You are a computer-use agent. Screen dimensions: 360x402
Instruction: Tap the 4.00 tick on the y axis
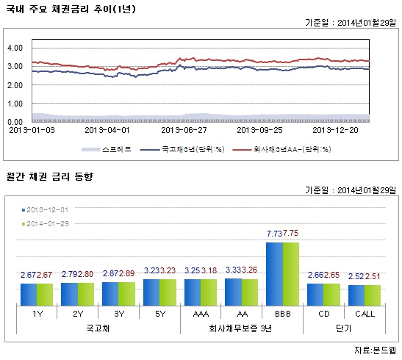tap(15, 48)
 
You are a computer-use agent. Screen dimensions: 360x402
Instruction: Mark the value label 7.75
tap(292, 233)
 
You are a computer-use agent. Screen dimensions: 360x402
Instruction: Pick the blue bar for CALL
tap(356, 295)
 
